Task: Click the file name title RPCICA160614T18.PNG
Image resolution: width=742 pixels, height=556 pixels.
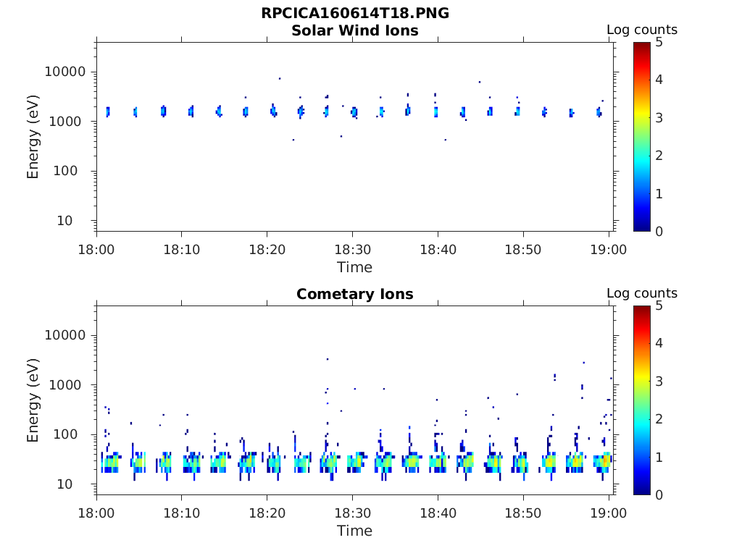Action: coord(355,14)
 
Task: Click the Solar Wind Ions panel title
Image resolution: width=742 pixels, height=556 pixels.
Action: coord(355,30)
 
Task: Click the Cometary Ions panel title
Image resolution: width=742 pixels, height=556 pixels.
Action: coord(355,294)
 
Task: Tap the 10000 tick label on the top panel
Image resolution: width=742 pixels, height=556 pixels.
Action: coord(66,72)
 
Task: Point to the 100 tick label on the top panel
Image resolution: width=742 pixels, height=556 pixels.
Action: coord(72,171)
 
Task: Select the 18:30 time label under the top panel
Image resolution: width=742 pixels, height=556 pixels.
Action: coord(352,250)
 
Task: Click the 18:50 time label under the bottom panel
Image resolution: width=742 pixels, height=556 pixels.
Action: coord(523,513)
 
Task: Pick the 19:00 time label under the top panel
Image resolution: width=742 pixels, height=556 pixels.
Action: coord(609,250)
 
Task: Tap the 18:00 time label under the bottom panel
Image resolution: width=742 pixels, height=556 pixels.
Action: coord(96,513)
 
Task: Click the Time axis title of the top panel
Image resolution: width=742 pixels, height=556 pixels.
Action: coord(355,267)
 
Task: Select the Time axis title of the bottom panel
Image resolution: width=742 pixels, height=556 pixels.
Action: coord(355,531)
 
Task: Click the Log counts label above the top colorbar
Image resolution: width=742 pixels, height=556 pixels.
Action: coord(642,30)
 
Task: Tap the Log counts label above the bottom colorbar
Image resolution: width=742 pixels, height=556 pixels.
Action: coord(642,293)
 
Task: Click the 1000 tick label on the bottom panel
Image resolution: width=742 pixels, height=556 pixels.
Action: coord(70,385)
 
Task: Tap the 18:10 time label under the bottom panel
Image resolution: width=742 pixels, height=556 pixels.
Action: coord(181,513)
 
